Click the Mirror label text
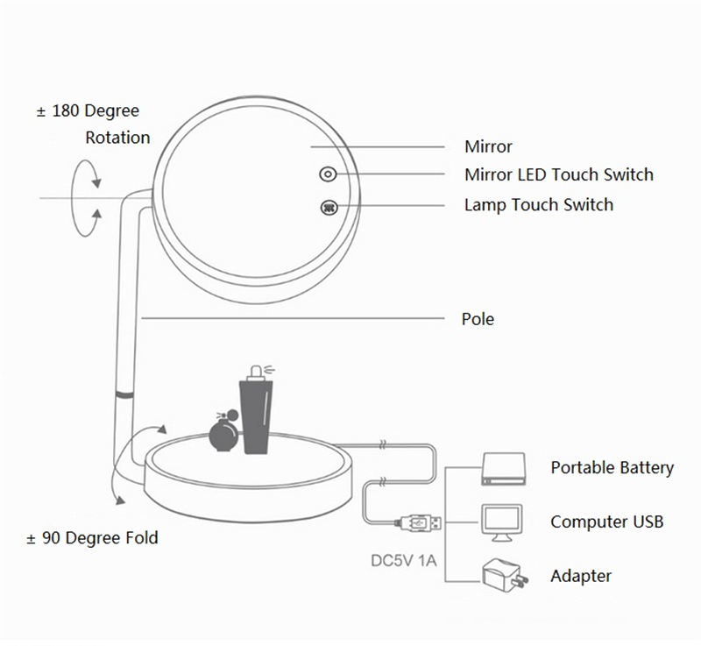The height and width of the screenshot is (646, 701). (x=488, y=146)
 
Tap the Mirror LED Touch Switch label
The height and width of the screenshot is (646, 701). (x=559, y=174)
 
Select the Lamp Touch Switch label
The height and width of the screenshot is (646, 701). (x=538, y=205)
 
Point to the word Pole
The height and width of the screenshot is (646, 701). (x=478, y=318)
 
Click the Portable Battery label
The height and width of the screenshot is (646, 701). (x=612, y=467)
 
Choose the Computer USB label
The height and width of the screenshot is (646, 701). (x=606, y=522)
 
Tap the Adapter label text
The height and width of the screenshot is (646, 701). (x=580, y=576)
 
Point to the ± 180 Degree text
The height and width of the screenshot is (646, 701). (x=88, y=112)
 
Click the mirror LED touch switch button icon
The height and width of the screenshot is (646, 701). (x=327, y=174)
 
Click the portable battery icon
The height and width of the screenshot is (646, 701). (x=502, y=470)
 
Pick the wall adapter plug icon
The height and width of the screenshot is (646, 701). (x=503, y=576)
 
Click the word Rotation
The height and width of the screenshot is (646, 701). (x=117, y=138)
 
